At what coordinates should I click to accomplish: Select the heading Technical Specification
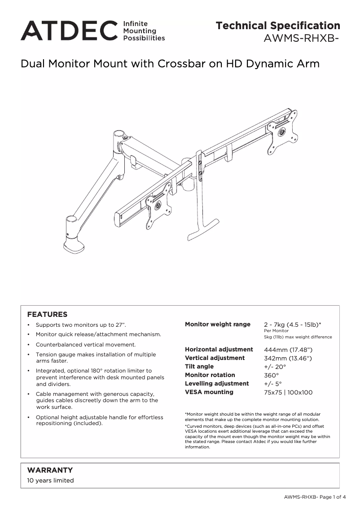pyautogui.click(x=278, y=26)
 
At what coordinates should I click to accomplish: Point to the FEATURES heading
pyautogui.click(x=47, y=314)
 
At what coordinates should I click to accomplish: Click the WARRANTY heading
pyautogui.click(x=50, y=470)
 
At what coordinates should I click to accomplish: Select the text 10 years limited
pyautogui.click(x=50, y=480)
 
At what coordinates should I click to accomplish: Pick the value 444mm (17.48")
pyautogui.click(x=288, y=350)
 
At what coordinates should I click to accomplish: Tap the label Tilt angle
pyautogui.click(x=199, y=367)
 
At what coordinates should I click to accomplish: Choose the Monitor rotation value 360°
pyautogui.click(x=271, y=375)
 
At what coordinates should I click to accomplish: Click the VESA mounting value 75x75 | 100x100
pyautogui.click(x=288, y=392)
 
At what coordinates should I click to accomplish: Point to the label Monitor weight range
pyautogui.click(x=218, y=324)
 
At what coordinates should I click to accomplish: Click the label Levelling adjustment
pyautogui.click(x=217, y=384)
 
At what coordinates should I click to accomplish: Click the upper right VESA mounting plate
pyautogui.click(x=282, y=132)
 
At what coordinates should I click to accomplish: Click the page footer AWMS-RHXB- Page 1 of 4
pyautogui.click(x=315, y=497)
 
